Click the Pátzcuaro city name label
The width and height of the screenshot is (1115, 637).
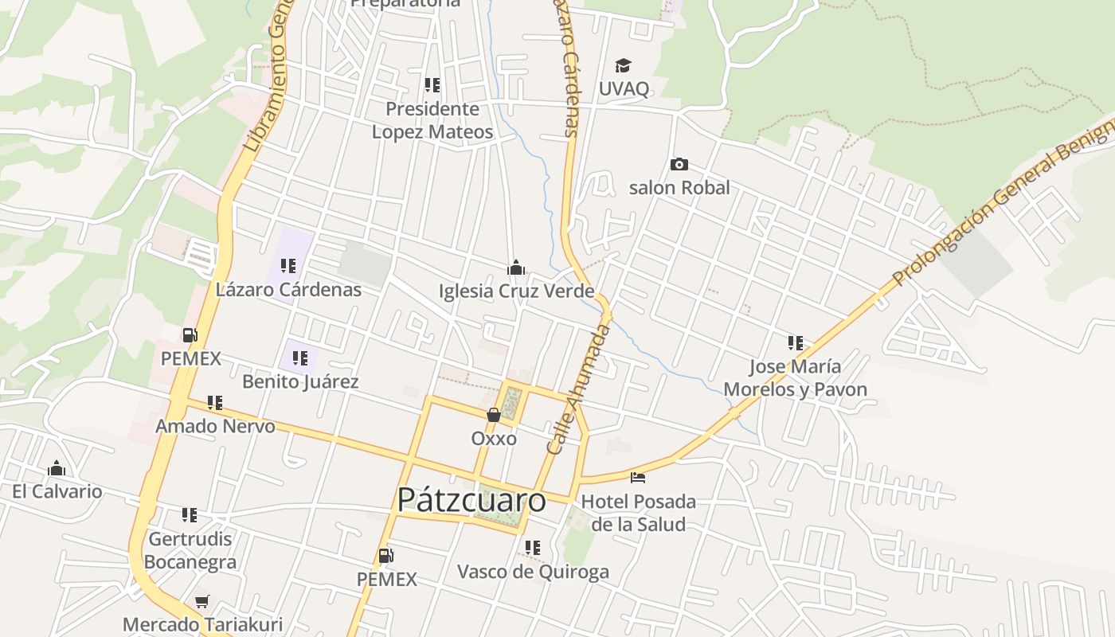click(x=471, y=500)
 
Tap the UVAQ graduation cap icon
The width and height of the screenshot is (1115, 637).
click(x=623, y=65)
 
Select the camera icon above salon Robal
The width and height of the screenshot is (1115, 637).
click(x=679, y=164)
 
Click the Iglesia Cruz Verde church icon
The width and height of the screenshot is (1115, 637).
click(x=516, y=267)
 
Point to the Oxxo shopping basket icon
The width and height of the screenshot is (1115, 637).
click(x=494, y=414)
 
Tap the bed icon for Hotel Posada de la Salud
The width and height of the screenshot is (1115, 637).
click(x=637, y=478)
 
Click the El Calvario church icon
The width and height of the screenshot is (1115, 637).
click(x=57, y=467)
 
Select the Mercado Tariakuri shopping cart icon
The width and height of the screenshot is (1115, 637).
click(x=201, y=601)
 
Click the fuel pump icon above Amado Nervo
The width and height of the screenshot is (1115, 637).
click(x=190, y=335)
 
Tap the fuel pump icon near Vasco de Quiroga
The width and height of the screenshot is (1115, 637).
click(x=386, y=555)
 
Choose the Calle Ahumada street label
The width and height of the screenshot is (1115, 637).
click(x=577, y=390)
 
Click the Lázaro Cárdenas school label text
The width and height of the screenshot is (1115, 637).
click(x=288, y=290)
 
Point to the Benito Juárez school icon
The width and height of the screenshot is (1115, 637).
click(x=299, y=358)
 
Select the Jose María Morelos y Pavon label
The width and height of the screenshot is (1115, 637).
click(x=795, y=378)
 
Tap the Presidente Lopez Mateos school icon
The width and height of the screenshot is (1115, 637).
click(x=432, y=84)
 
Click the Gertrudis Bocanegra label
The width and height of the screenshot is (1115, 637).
click(x=190, y=550)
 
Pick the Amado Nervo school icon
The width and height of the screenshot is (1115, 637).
click(x=215, y=403)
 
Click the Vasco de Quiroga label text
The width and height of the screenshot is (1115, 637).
click(x=533, y=572)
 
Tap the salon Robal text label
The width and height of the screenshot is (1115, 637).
click(x=679, y=188)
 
